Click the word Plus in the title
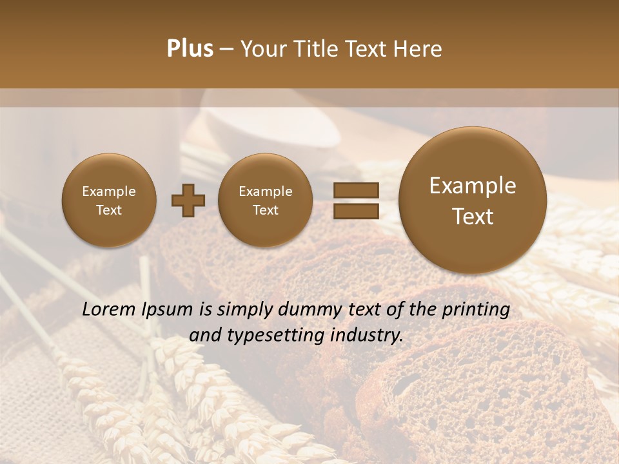pos(190,49)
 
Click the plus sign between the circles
pos(188,200)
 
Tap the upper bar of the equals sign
pos(356,191)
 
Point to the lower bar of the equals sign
pos(356,211)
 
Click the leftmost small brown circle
pos(109,200)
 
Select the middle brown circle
pos(265,200)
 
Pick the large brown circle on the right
pos(473,200)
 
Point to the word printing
pos(475,310)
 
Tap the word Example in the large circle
pos(473,186)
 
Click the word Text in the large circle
pos(473,217)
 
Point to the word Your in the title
pos(264,49)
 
